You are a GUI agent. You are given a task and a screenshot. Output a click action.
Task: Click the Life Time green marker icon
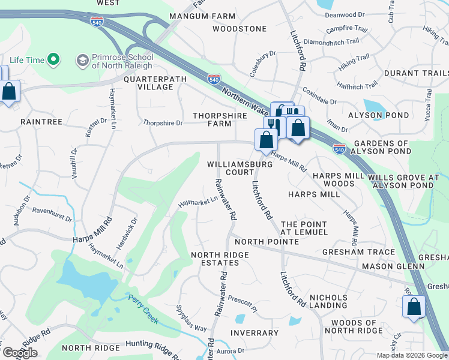pos(53,59)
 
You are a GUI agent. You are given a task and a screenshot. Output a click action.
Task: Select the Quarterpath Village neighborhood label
pos(148,83)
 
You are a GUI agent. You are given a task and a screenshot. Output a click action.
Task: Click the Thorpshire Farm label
pos(211,119)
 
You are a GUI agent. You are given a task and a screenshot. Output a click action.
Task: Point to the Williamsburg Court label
pos(231,168)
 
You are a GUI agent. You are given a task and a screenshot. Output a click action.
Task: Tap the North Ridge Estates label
pos(220,259)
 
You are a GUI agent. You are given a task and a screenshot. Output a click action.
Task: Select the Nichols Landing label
pos(328,301)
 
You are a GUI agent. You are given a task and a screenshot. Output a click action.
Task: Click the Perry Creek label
pos(143,308)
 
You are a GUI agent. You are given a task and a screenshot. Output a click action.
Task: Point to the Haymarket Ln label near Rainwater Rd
pos(197,204)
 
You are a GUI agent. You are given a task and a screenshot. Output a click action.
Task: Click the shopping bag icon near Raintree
pos(9,93)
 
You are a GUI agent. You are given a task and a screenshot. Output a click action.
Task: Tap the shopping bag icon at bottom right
pos(414,307)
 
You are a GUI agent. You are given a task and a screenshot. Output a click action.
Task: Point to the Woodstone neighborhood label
pos(239,29)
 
